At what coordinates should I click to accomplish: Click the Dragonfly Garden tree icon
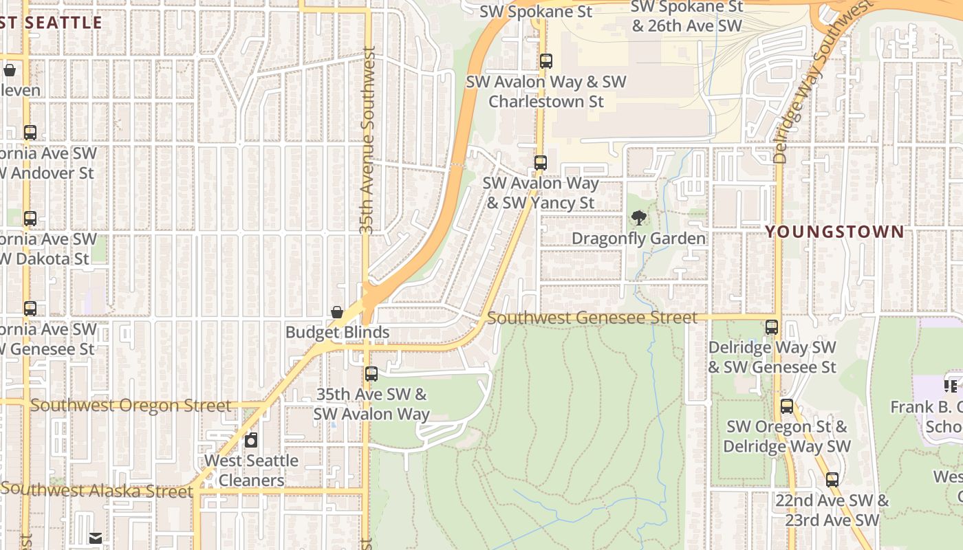[639, 219]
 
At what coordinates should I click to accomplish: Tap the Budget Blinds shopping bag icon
[337, 313]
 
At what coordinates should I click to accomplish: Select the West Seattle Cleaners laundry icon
[252, 440]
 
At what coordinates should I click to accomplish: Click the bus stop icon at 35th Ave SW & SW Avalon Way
[371, 374]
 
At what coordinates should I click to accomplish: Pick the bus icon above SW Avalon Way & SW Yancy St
[541, 163]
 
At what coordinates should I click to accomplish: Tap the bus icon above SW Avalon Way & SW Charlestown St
[546, 61]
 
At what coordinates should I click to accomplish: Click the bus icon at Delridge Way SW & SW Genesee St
[772, 327]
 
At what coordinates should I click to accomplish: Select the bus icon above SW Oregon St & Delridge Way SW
[787, 406]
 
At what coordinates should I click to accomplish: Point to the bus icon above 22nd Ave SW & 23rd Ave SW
[832, 480]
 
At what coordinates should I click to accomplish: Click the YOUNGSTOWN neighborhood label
[834, 232]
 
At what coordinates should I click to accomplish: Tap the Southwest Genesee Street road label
[592, 318]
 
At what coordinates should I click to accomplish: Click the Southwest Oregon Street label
[131, 406]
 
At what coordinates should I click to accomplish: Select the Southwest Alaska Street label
[97, 490]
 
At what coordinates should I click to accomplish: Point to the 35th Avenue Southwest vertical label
[368, 141]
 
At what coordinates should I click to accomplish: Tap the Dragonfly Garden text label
[639, 239]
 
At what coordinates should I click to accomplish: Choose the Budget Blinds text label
[337, 333]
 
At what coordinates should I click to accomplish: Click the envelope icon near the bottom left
[96, 538]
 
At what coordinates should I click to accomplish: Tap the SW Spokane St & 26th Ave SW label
[687, 16]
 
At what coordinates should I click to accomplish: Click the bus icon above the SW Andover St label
[30, 133]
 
